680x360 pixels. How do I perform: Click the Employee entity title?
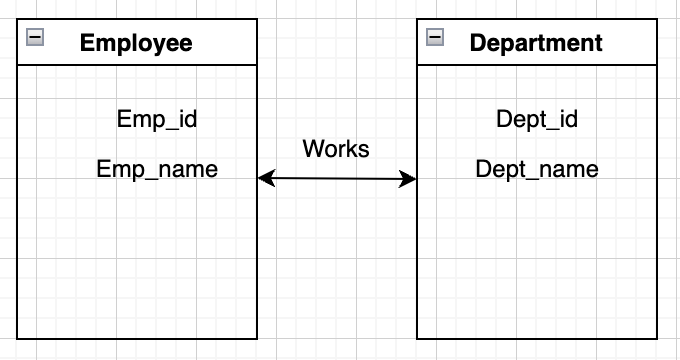[136, 43]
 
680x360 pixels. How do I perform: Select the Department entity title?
[536, 43]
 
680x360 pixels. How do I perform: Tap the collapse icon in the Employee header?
[35, 37]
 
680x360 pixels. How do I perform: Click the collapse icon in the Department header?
[435, 37]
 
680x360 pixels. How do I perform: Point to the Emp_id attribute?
[157, 119]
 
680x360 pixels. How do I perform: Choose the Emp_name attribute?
[157, 169]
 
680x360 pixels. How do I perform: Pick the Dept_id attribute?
[537, 119]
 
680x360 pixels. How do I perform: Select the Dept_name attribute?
[537, 169]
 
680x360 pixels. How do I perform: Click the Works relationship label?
[336, 149]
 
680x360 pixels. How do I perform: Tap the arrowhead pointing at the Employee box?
[266, 178]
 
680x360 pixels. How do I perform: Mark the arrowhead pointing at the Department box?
[408, 179]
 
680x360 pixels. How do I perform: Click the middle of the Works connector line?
[337, 178]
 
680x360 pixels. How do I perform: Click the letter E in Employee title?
[87, 43]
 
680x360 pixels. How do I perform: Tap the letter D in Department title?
[478, 43]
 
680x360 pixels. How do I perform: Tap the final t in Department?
[598, 44]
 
